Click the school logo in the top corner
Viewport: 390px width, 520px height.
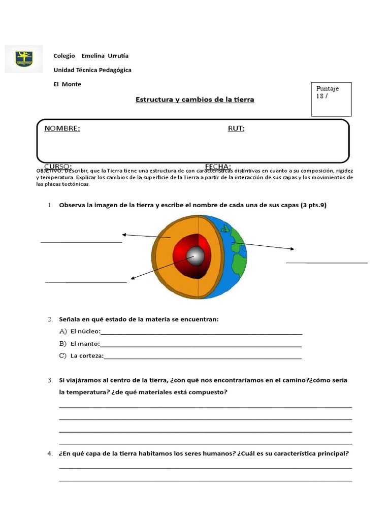coord(24,59)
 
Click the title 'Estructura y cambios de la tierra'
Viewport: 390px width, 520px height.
coord(194,100)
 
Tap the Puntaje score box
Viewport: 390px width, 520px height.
coord(331,99)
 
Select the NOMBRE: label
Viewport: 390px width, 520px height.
coord(62,128)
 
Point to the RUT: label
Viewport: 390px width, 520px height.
coord(236,128)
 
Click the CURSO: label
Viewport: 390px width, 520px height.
coord(57,167)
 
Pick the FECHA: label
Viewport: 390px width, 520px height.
coord(218,167)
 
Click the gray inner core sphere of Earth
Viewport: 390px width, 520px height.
coord(196,257)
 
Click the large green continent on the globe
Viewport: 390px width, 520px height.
coord(239,264)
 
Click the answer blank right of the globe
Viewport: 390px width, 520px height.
coord(327,262)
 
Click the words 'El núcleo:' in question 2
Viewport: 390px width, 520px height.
coord(85,332)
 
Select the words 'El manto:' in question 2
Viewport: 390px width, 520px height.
coord(85,344)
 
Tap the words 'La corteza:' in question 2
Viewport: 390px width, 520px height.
coord(87,356)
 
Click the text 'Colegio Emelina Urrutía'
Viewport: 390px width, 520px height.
coord(91,56)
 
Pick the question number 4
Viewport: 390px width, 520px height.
coord(50,453)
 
